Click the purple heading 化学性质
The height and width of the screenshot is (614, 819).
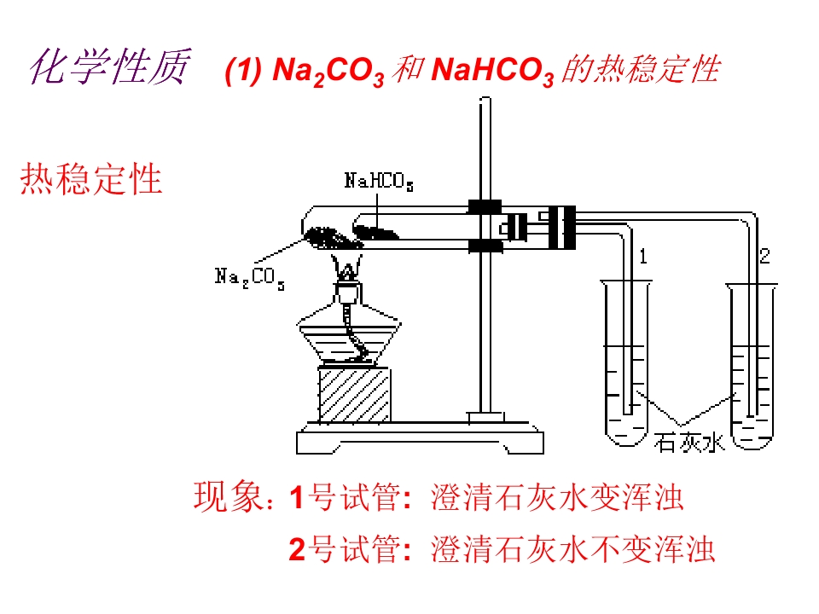110,67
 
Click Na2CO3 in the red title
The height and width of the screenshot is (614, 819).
328,71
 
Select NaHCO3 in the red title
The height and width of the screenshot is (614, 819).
492,71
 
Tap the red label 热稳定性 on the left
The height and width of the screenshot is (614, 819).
91,178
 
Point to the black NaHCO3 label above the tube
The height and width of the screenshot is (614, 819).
379,181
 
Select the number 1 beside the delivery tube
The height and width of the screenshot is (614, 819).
643,257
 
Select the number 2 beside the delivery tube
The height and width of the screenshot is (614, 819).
764,256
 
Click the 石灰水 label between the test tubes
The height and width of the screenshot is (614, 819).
689,443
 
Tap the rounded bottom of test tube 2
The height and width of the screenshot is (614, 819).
752,440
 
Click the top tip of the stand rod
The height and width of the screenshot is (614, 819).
485,97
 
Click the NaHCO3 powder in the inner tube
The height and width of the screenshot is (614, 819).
376,232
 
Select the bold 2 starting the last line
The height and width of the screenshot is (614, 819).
297,549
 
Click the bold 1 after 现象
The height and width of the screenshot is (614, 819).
297,496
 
